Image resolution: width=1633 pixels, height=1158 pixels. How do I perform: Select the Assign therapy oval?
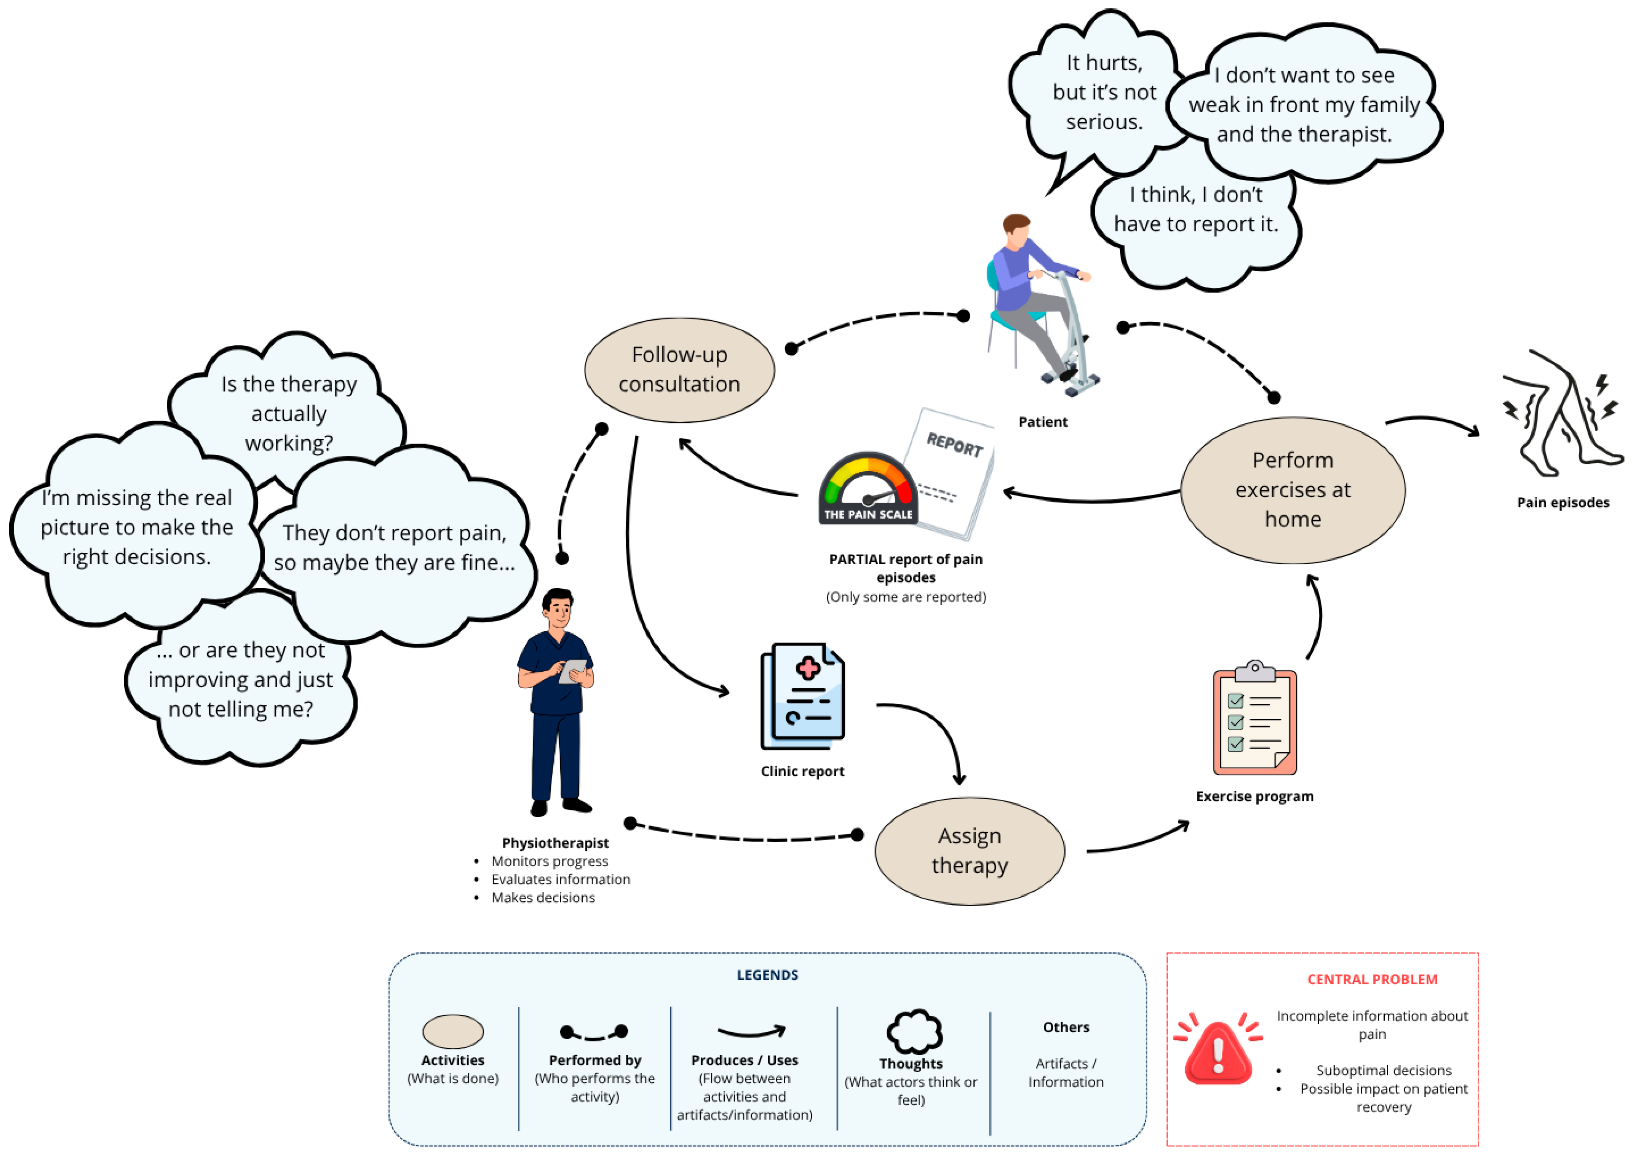point(969,851)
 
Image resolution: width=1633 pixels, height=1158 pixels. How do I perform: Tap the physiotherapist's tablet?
point(573,670)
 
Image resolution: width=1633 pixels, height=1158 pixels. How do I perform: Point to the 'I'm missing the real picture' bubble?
point(136,526)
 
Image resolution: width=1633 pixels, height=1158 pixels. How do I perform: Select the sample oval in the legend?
point(453,1031)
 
